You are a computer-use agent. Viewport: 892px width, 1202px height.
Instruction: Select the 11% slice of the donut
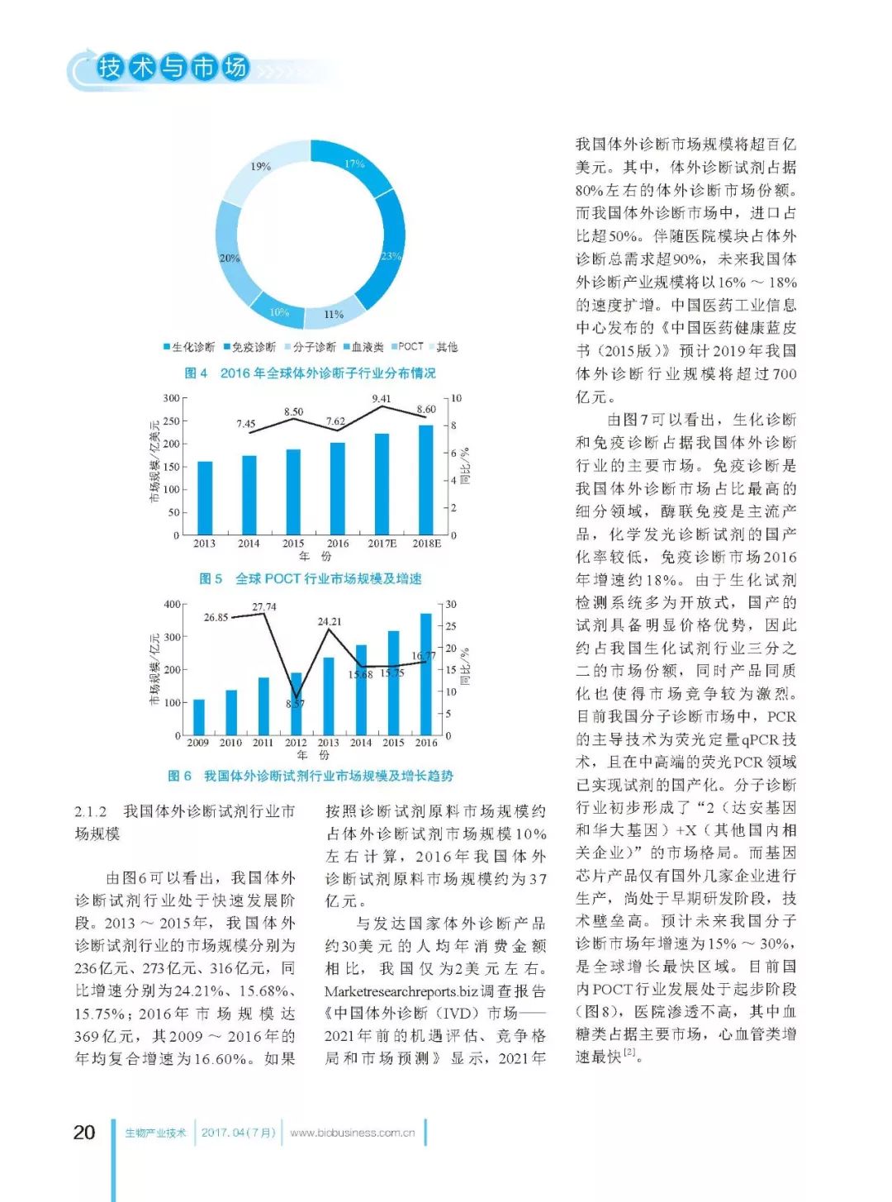point(334,314)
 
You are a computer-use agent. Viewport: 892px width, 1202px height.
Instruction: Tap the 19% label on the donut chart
point(261,166)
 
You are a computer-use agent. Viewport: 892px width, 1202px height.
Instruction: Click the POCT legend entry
point(410,347)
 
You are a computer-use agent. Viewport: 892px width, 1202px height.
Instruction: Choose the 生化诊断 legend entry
point(192,347)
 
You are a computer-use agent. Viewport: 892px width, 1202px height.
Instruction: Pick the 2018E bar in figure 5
point(426,480)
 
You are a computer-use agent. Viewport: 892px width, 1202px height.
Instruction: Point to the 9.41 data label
point(382,398)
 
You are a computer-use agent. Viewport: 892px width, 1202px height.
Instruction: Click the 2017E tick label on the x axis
point(382,544)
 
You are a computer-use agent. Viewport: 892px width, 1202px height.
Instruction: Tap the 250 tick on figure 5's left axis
point(170,421)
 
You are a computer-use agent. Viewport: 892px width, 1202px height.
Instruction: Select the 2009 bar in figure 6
point(198,717)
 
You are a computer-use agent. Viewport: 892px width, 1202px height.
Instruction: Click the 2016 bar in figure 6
point(426,674)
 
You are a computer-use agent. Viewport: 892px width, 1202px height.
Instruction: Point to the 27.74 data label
point(264,606)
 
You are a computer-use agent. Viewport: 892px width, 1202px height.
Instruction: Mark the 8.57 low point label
point(295,704)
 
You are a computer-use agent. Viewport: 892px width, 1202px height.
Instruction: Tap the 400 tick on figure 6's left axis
point(171,604)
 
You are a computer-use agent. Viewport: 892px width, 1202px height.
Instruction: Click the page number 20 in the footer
point(84,1132)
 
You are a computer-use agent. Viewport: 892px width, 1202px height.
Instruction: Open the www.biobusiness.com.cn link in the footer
point(353,1133)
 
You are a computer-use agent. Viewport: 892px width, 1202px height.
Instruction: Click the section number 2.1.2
point(91,811)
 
